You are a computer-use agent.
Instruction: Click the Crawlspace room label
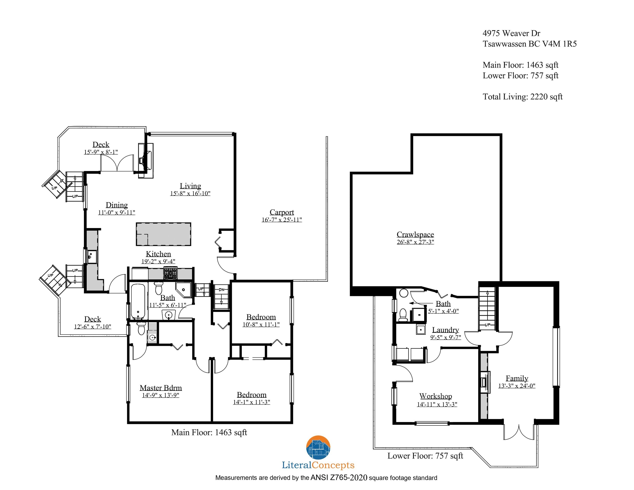point(415,234)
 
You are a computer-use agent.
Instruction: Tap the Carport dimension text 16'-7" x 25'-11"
point(282,220)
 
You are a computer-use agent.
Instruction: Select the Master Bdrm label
point(161,388)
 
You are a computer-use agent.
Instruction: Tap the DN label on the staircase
point(221,289)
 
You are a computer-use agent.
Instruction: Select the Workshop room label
point(435,396)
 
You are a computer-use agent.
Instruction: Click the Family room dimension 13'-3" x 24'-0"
point(517,386)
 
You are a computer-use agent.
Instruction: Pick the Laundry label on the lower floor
point(445,330)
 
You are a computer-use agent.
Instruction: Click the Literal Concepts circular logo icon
point(318,447)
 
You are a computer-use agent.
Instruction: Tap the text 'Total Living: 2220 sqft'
point(523,97)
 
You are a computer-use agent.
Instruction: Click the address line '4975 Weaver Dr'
point(511,33)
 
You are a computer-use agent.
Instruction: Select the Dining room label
point(117,205)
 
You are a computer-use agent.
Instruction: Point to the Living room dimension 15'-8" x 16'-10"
point(190,193)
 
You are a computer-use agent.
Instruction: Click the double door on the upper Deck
point(117,163)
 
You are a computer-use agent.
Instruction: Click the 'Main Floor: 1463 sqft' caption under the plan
point(209,433)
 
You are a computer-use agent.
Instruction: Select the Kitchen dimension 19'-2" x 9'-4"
point(158,261)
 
